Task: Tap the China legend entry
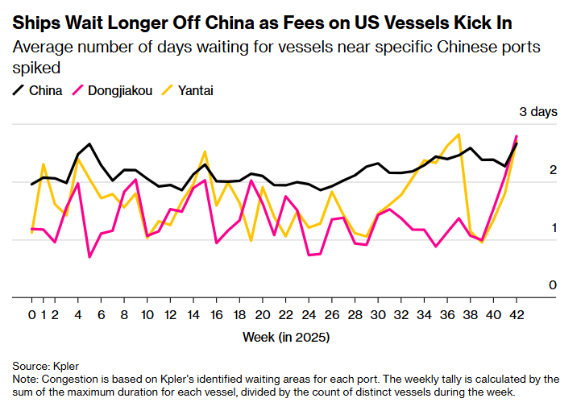(45, 90)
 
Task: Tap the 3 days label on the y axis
(537, 112)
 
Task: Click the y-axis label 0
(553, 285)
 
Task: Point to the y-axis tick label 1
(553, 228)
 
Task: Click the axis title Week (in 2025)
(286, 337)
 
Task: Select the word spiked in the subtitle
(36, 67)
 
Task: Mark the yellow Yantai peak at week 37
(459, 135)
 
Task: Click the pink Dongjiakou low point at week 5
(89, 257)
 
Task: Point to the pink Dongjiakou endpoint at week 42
(517, 136)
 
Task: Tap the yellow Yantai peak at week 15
(205, 151)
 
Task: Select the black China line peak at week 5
(89, 144)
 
